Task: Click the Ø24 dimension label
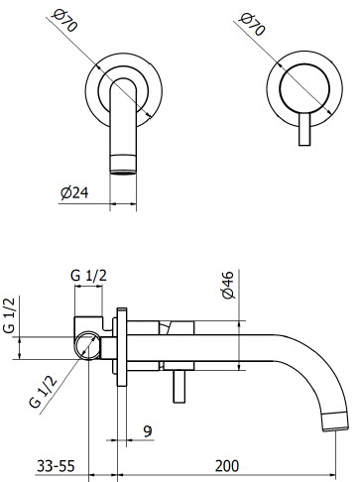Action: pyautogui.click(x=74, y=193)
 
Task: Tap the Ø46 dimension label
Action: pyautogui.click(x=228, y=285)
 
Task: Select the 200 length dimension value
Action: pyautogui.click(x=227, y=466)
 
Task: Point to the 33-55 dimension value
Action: pyautogui.click(x=56, y=466)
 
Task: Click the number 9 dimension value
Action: pyautogui.click(x=148, y=431)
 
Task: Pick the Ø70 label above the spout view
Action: pyautogui.click(x=65, y=20)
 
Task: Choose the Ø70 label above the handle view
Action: pyautogui.click(x=253, y=24)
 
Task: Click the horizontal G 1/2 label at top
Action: pyautogui.click(x=88, y=276)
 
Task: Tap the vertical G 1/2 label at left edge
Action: pyautogui.click(x=9, y=315)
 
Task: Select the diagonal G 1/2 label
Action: pyautogui.click(x=43, y=393)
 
